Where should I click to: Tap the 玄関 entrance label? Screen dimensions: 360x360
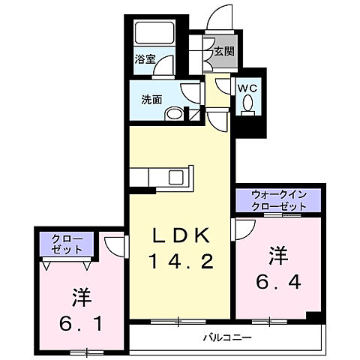coord(223,52)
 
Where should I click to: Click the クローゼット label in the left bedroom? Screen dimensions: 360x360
coord(67,244)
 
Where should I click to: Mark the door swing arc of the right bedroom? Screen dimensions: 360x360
coord(244,229)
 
